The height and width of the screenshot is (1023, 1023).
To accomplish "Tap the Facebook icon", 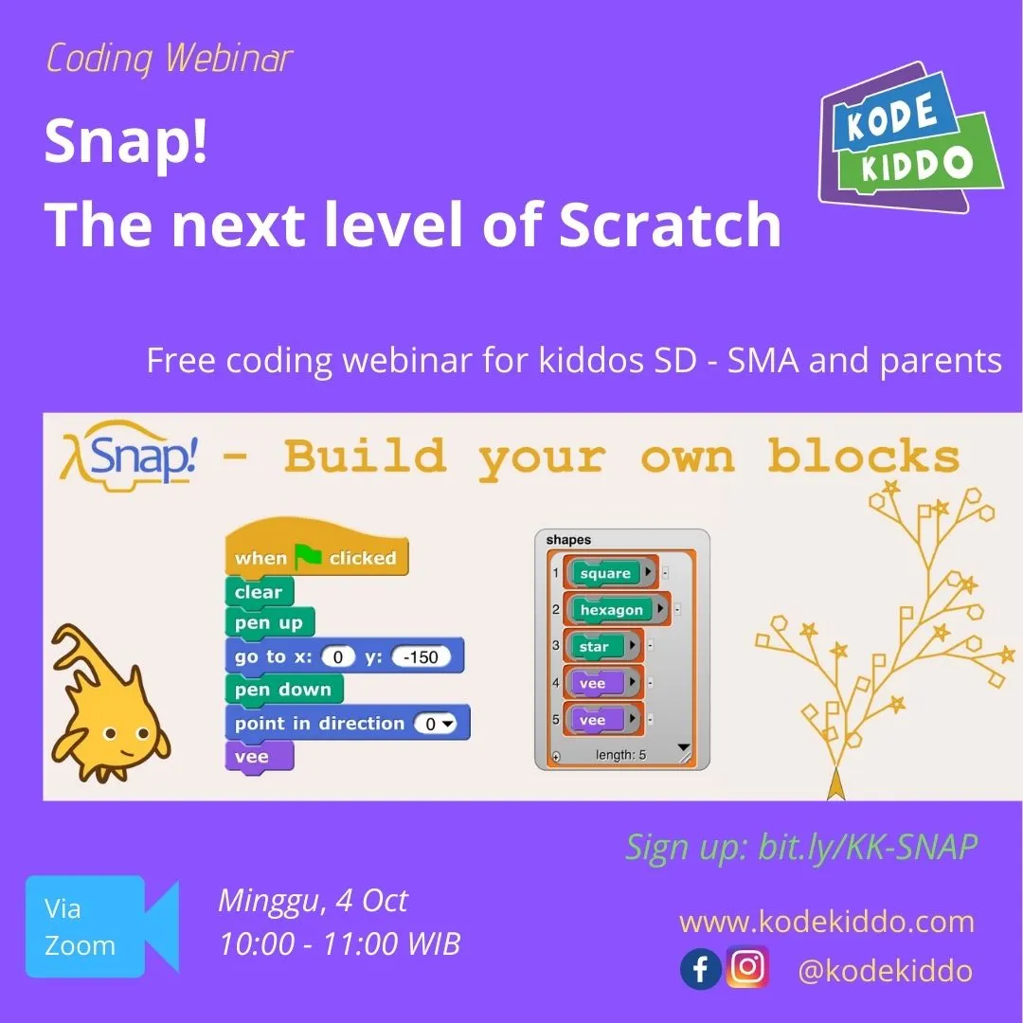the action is coord(700,969).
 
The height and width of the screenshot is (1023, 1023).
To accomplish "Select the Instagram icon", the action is coord(747,966).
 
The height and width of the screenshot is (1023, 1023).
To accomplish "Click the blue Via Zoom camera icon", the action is coord(102,926).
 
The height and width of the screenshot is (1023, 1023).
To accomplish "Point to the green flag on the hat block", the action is coord(308,557).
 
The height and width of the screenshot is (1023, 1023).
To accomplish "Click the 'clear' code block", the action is coord(260,592).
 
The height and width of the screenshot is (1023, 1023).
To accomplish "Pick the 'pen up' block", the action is coord(269,622).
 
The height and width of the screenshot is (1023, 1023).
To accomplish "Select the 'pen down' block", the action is coord(284,689).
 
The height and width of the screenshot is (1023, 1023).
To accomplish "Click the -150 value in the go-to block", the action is coord(421,656).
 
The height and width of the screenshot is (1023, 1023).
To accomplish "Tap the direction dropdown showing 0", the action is coord(435,724).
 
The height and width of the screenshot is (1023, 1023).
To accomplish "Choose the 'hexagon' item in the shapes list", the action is coord(611,609).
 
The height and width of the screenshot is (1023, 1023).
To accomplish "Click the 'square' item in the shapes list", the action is coord(604,573).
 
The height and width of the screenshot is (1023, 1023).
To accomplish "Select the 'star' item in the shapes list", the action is coord(594,646).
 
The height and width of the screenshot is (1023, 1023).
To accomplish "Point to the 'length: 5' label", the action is coord(620,755).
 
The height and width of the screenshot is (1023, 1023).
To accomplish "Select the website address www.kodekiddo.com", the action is coord(827,922).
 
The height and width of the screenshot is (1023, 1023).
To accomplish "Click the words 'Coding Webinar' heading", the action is coord(169,58).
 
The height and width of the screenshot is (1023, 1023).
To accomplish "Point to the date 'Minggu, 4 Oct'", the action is coord(313,901).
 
